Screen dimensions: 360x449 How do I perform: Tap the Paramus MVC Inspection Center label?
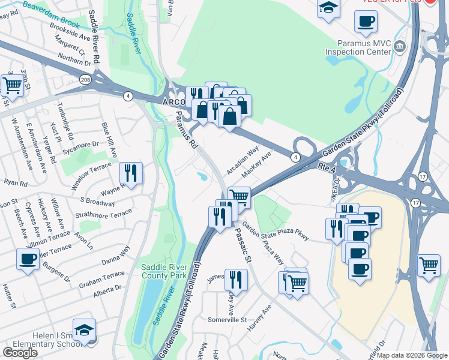[x=358, y=47]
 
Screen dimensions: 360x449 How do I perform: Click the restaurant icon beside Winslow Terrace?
[x=131, y=173]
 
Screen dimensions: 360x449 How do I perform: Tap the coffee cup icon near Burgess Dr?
[x=28, y=259]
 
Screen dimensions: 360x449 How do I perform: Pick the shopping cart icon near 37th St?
[x=12, y=85]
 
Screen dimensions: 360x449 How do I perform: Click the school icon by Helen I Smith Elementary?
[x=84, y=330]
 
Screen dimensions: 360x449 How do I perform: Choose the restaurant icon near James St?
[x=236, y=280]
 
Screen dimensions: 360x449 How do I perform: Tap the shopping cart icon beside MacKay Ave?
[x=240, y=196]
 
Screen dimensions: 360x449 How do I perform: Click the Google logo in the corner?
[x=20, y=352]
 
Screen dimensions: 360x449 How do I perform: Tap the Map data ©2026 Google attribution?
[x=412, y=355]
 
